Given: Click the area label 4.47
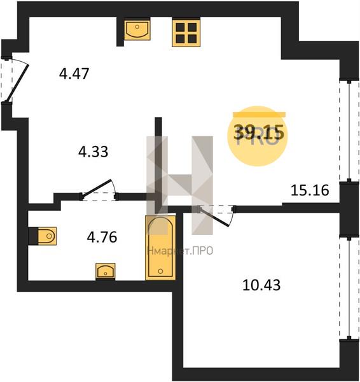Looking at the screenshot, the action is click(74, 74).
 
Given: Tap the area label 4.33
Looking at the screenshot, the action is click(93, 152).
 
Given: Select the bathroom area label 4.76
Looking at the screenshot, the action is click(102, 237).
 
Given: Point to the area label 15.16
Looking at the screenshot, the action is click(310, 190).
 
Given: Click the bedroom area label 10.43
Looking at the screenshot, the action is click(261, 285).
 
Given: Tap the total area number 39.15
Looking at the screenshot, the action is click(259, 132).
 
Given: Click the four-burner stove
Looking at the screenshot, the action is click(186, 33).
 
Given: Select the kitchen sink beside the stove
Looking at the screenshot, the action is click(137, 30).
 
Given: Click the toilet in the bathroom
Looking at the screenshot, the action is click(47, 236).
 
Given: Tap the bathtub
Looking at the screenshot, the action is click(160, 248).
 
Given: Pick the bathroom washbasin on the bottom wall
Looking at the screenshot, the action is click(106, 271).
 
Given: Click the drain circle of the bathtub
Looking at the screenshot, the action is click(160, 271).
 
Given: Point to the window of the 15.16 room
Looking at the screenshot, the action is click(349, 131).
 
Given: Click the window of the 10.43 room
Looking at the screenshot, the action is click(349, 288).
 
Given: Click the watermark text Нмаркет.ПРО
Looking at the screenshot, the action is click(180, 251).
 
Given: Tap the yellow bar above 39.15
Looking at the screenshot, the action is click(259, 114).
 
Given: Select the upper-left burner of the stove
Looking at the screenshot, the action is click(180, 27).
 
